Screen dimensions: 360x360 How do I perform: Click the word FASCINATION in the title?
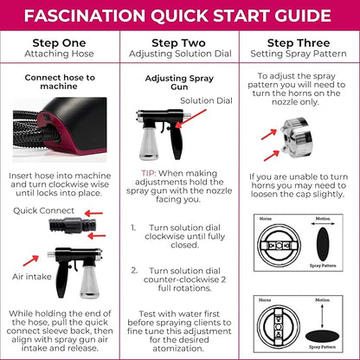click(93, 16)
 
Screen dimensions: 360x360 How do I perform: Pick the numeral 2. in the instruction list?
click(135, 270)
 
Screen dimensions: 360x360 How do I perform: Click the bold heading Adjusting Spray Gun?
click(179, 82)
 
